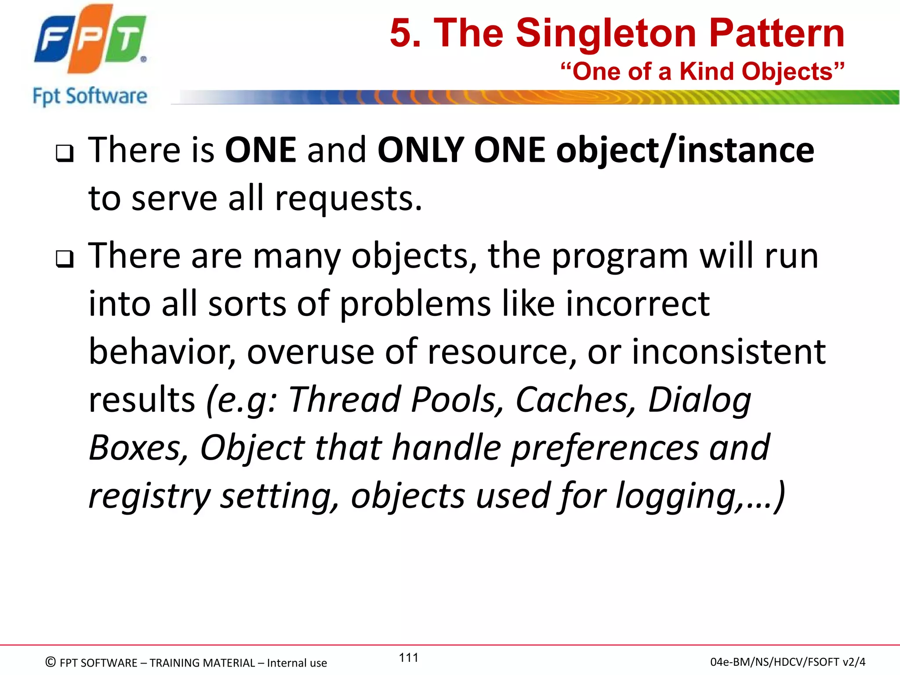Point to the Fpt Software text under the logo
pos(90,96)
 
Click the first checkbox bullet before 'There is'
pos(65,153)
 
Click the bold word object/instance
pos(685,150)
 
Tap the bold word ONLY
pos(421,150)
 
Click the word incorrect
pos(637,304)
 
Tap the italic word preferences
pos(605,448)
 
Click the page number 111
pos(408,657)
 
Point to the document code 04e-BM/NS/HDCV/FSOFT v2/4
pos(787,662)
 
